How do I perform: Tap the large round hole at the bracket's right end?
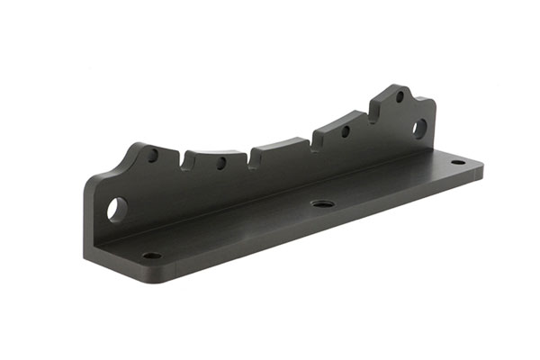419,128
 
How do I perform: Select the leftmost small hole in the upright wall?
153,156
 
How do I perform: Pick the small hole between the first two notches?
220,164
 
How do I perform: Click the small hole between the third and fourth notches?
345,131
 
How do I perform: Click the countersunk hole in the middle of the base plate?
320,203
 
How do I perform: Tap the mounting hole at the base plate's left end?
151,256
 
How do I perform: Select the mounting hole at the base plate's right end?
457,163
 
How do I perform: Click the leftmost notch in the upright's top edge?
185,162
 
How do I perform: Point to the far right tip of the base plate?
482,167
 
